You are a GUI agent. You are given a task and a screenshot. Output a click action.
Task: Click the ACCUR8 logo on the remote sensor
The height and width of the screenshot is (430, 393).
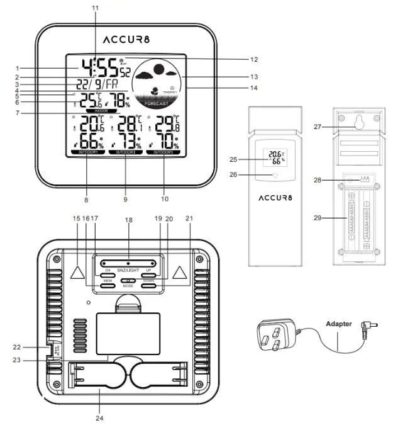[x=280, y=199]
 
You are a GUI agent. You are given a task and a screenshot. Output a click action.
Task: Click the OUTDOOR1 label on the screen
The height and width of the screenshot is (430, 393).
[x=84, y=152]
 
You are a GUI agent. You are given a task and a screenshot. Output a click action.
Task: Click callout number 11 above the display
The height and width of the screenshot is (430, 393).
[x=95, y=7]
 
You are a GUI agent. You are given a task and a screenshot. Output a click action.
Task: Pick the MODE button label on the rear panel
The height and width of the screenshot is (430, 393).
[x=128, y=286]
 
